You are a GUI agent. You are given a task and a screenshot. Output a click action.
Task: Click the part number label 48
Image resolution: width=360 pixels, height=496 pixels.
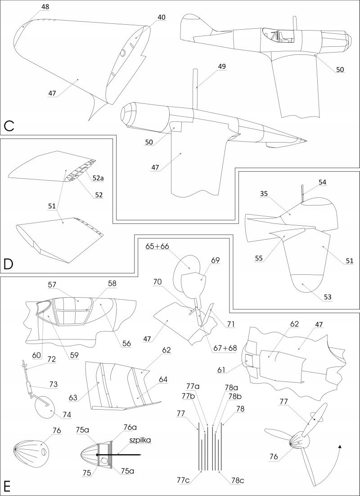pyautogui.click(x=45, y=7)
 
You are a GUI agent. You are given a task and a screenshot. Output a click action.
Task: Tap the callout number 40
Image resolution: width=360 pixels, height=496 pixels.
pyautogui.click(x=161, y=17)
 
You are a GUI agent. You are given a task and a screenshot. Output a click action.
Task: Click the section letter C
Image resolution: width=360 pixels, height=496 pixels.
pyautogui.click(x=9, y=125)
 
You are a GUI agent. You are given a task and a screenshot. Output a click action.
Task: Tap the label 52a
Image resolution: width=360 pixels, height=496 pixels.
pyautogui.click(x=98, y=178)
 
